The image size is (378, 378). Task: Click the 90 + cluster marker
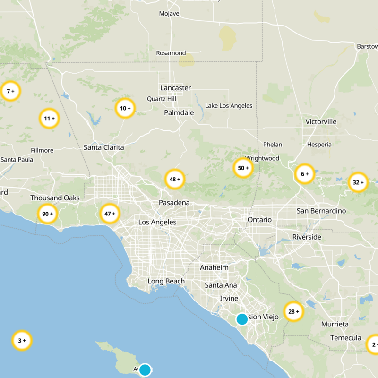[48, 214]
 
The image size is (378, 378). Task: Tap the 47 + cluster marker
[110, 214]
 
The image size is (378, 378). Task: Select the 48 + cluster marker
[175, 180]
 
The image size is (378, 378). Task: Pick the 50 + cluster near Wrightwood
[243, 168]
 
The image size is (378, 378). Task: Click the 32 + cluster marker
[358, 182]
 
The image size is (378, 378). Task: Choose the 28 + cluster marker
[293, 312]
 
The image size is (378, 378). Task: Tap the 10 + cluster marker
[125, 108]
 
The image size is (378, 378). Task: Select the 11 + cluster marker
[49, 119]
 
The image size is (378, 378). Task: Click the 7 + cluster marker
[10, 91]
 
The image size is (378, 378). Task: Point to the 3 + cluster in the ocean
[22, 340]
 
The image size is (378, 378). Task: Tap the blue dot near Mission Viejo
[242, 319]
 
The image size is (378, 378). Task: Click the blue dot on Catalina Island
[145, 369]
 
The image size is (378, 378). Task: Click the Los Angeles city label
[157, 222]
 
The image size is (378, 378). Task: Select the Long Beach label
[166, 281]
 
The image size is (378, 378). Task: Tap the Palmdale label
[179, 112]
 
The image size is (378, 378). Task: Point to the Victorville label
[321, 121]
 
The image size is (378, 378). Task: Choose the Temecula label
[345, 338]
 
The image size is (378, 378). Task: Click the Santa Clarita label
[104, 147]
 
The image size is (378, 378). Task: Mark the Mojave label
[169, 14]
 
